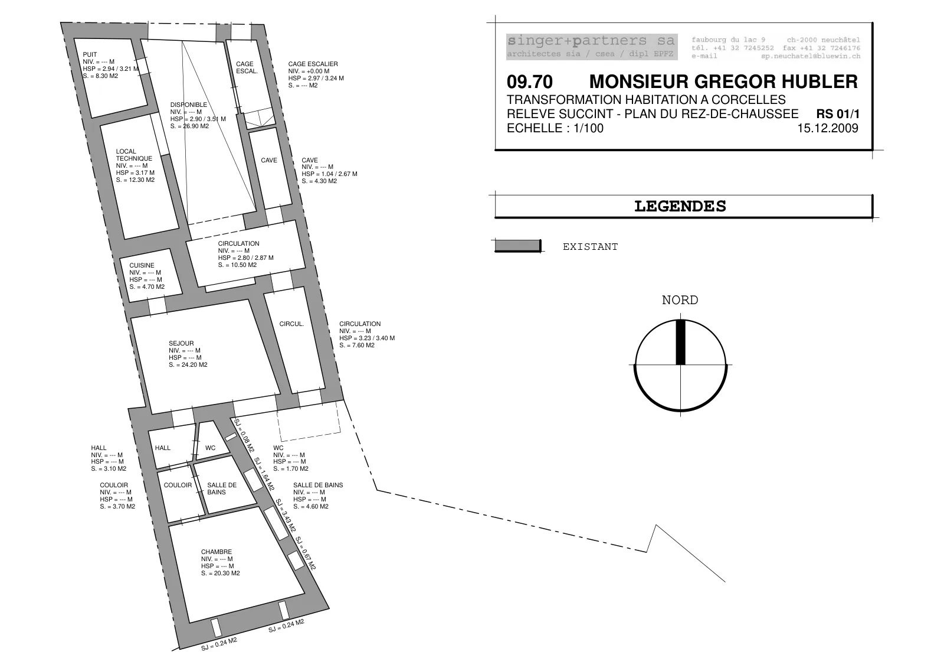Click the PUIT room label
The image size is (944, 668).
pyautogui.click(x=90, y=54)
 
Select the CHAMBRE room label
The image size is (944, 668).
pyautogui.click(x=216, y=552)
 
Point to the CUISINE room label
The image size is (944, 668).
pyautogui.click(x=142, y=265)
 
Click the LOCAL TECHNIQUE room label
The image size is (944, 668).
pyautogui.click(x=134, y=155)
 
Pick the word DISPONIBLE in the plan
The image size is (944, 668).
pyautogui.click(x=188, y=105)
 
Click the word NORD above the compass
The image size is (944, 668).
pyautogui.click(x=680, y=300)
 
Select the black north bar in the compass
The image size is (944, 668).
pyautogui.click(x=680, y=342)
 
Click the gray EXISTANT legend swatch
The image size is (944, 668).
pyautogui.click(x=517, y=246)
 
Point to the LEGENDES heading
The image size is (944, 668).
pyautogui.click(x=680, y=206)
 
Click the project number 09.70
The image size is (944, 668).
pyautogui.click(x=530, y=82)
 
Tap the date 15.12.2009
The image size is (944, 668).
pyautogui.click(x=828, y=128)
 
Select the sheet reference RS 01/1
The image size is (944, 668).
pyautogui.click(x=838, y=114)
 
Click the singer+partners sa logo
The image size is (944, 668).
pyautogui.click(x=592, y=47)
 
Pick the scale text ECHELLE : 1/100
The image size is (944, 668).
pyautogui.click(x=555, y=128)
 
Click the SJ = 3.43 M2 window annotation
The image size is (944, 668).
pyautogui.click(x=286, y=515)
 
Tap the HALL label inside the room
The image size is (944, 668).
pyautogui.click(x=163, y=448)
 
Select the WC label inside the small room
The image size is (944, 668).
pyautogui.click(x=210, y=448)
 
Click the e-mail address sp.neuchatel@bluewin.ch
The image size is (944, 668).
pyautogui.click(x=811, y=56)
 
